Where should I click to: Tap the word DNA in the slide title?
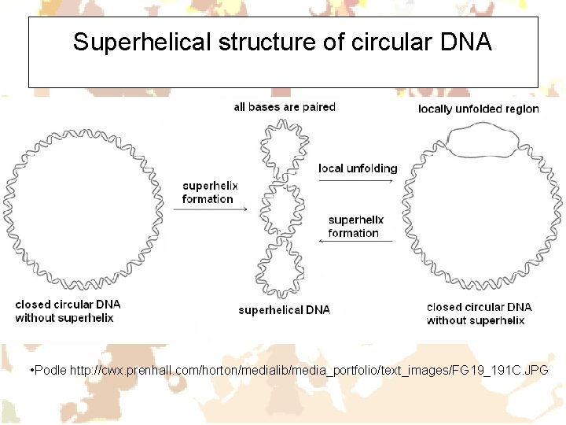463,42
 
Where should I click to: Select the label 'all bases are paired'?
285,107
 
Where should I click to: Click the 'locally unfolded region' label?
478,109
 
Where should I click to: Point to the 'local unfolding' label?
358,168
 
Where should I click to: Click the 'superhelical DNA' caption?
285,310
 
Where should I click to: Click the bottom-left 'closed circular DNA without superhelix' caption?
68,311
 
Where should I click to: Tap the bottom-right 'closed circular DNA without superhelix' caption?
479,313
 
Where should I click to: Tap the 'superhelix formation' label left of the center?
209,192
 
